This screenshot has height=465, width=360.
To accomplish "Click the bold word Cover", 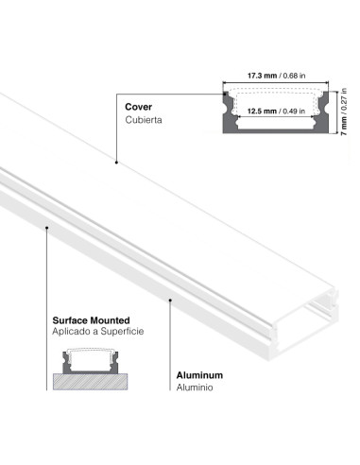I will [x=137, y=107].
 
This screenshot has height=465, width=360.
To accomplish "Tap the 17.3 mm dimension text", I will [x=262, y=75].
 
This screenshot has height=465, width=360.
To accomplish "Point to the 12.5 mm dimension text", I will [x=262, y=111].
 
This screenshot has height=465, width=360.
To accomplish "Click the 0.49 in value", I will [x=296, y=111].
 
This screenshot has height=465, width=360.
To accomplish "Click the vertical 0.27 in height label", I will [x=345, y=99].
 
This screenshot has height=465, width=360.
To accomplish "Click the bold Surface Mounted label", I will [x=85, y=320].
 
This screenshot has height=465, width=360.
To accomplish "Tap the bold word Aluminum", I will [x=199, y=374].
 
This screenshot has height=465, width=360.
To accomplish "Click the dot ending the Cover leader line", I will [x=115, y=163].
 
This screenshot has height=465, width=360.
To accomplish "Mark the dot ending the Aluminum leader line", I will [x=169, y=301].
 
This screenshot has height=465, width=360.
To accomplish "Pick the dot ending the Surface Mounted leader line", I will [x=46, y=226].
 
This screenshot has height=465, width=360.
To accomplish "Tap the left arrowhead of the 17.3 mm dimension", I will [x=223, y=82].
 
